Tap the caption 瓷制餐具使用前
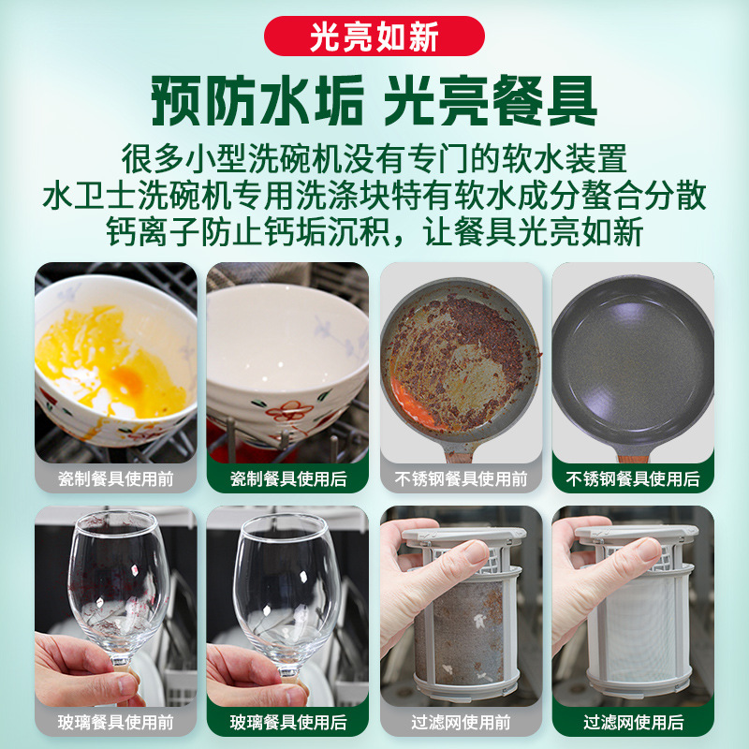pyautogui.click(x=116, y=479)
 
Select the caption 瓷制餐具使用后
pyautogui.click(x=288, y=479)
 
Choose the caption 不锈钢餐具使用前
pyautogui.click(x=461, y=479)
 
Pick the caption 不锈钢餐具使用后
pyautogui.click(x=633, y=479)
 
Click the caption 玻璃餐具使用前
pyautogui.click(x=116, y=723)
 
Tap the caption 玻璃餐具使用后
pyautogui.click(x=288, y=723)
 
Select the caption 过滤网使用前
pyautogui.click(x=461, y=723)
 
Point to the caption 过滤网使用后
pyautogui.click(x=633, y=723)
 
